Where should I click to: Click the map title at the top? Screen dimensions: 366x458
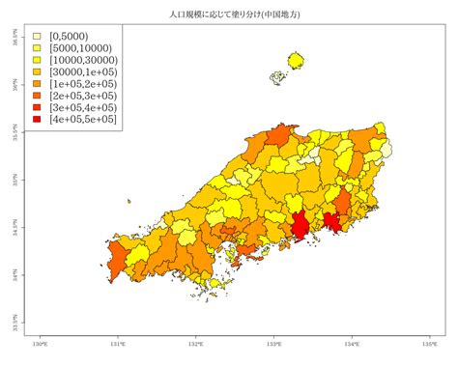[228, 14]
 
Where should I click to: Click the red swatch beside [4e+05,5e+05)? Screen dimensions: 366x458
[38, 120]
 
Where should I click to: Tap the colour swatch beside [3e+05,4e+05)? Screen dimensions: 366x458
[38, 107]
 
